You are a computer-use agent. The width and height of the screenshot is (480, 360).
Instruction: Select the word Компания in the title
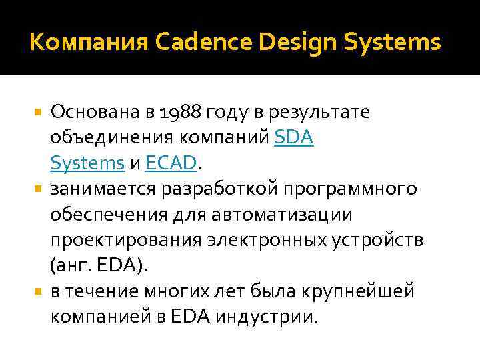pos(88,43)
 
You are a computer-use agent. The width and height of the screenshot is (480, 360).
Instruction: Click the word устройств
pos(376,240)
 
